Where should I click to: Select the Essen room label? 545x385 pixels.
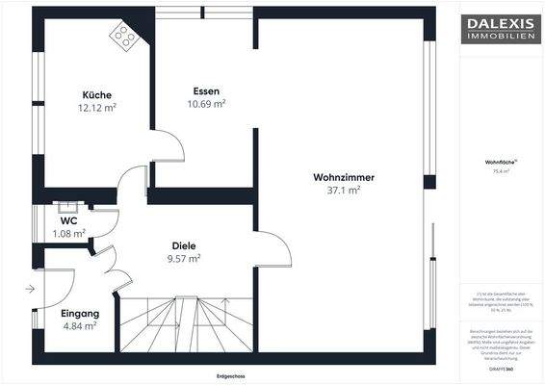206,90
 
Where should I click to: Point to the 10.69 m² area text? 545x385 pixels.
206,103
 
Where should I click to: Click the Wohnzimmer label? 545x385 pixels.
344,177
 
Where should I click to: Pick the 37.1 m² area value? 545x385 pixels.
344,191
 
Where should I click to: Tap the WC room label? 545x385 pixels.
68,220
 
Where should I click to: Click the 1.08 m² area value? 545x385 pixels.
68,233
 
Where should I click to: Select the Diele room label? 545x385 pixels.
184,244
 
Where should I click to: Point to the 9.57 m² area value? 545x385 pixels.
184,258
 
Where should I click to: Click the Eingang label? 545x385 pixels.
79,314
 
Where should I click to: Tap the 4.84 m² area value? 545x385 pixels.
79,326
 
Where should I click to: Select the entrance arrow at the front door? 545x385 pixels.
31,288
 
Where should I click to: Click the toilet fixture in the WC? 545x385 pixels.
68,206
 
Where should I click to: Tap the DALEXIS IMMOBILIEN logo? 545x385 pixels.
502,28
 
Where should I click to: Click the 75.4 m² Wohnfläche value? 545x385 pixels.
502,170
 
